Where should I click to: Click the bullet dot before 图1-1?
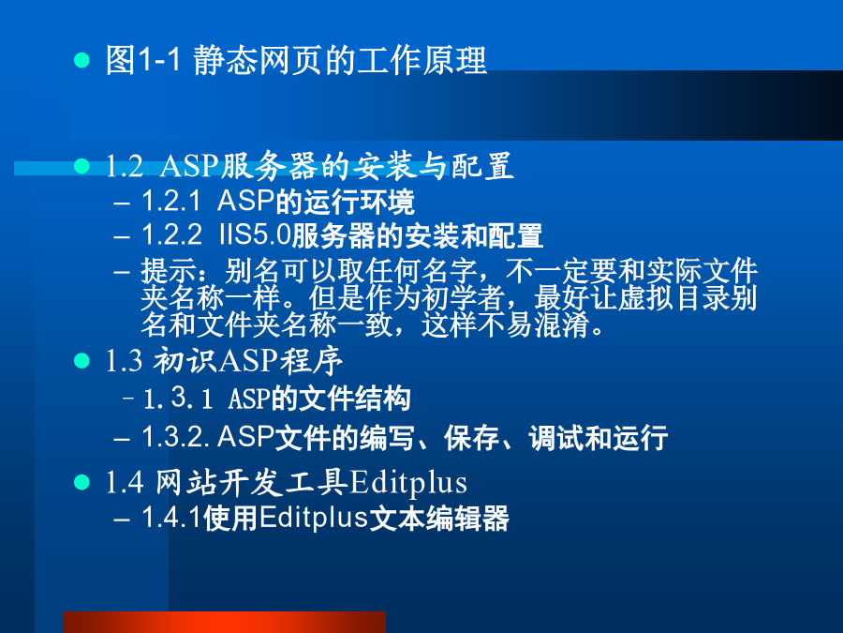point(81,60)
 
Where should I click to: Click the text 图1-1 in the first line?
point(143,60)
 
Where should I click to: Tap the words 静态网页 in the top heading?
point(259,60)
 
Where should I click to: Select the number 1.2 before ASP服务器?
point(125,166)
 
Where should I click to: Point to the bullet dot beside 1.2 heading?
point(81,166)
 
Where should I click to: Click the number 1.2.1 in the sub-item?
point(171,202)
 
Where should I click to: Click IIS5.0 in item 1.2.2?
point(254,235)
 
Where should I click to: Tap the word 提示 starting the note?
point(169,270)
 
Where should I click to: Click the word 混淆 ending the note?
point(561,325)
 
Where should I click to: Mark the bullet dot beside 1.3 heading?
point(81,361)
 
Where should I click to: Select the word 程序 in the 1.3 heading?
point(311,361)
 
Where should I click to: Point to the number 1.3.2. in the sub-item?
point(175,436)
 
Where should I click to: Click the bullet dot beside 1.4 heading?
point(81,482)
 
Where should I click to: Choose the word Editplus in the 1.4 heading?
point(408,483)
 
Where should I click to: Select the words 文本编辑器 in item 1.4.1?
point(439,519)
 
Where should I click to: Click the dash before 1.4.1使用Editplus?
point(122,520)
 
